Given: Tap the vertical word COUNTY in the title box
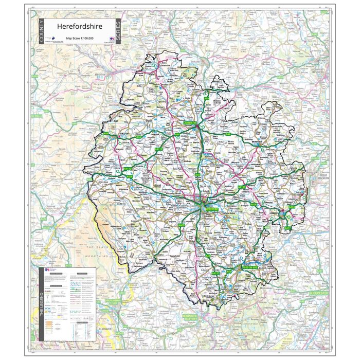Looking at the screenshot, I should (41, 32).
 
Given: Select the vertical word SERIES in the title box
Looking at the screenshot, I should (118, 32).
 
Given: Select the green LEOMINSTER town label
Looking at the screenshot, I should (190, 124).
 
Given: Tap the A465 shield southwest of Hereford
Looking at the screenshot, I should (181, 225).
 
